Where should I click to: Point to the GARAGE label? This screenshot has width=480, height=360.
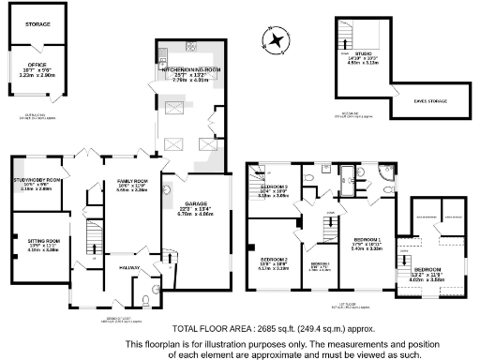[x=196, y=204]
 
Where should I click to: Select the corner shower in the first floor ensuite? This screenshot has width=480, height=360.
[x=385, y=172]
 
